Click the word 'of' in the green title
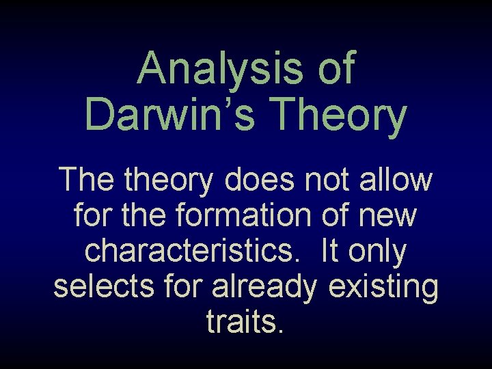(x=336, y=70)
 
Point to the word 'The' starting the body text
(x=84, y=181)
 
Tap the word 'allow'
(x=399, y=181)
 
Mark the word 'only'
(x=379, y=252)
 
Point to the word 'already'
(x=265, y=288)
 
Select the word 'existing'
(x=383, y=288)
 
